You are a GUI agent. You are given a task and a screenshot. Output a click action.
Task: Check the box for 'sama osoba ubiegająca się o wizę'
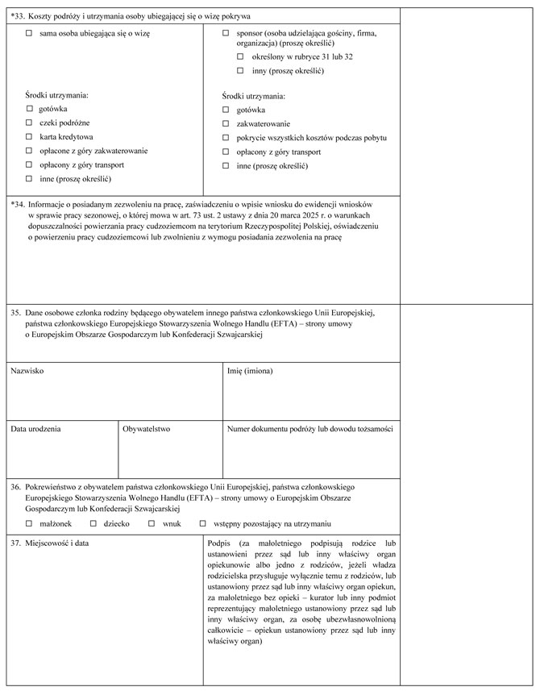(29, 33)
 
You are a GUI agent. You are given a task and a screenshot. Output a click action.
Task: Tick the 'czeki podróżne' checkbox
(29, 123)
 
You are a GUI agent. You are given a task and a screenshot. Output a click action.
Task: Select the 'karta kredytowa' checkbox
(29, 136)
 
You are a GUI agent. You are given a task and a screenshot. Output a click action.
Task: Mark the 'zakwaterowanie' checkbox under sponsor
(226, 123)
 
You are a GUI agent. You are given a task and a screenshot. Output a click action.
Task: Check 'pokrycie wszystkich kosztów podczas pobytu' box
(226, 137)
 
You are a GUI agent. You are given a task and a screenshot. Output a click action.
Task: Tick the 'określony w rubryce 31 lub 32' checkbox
(240, 57)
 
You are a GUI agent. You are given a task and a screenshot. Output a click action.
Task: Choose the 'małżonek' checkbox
(29, 523)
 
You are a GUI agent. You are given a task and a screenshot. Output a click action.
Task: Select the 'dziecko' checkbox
(93, 523)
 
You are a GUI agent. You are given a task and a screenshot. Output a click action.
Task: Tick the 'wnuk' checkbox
(151, 523)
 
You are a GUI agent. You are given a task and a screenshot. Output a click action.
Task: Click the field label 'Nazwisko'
(27, 370)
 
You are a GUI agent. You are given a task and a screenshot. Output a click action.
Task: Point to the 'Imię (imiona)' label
(251, 370)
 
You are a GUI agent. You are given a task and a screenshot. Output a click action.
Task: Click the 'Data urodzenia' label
(35, 429)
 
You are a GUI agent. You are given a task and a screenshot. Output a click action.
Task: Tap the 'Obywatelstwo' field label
(147, 429)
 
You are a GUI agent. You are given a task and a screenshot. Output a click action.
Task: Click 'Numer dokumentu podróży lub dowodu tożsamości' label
(309, 429)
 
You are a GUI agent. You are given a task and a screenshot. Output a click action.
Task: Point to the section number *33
(19, 15)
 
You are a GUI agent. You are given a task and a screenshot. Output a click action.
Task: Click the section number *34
(19, 204)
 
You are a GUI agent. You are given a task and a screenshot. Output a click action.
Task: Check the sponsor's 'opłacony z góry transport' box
(226, 152)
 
